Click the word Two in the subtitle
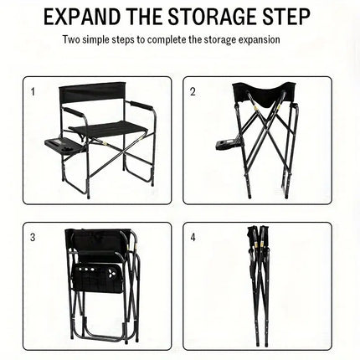(x=71, y=40)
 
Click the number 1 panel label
(x=33, y=91)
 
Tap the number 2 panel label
(x=193, y=91)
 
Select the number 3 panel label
(x=33, y=237)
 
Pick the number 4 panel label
(x=193, y=237)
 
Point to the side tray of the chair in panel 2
(x=227, y=144)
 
